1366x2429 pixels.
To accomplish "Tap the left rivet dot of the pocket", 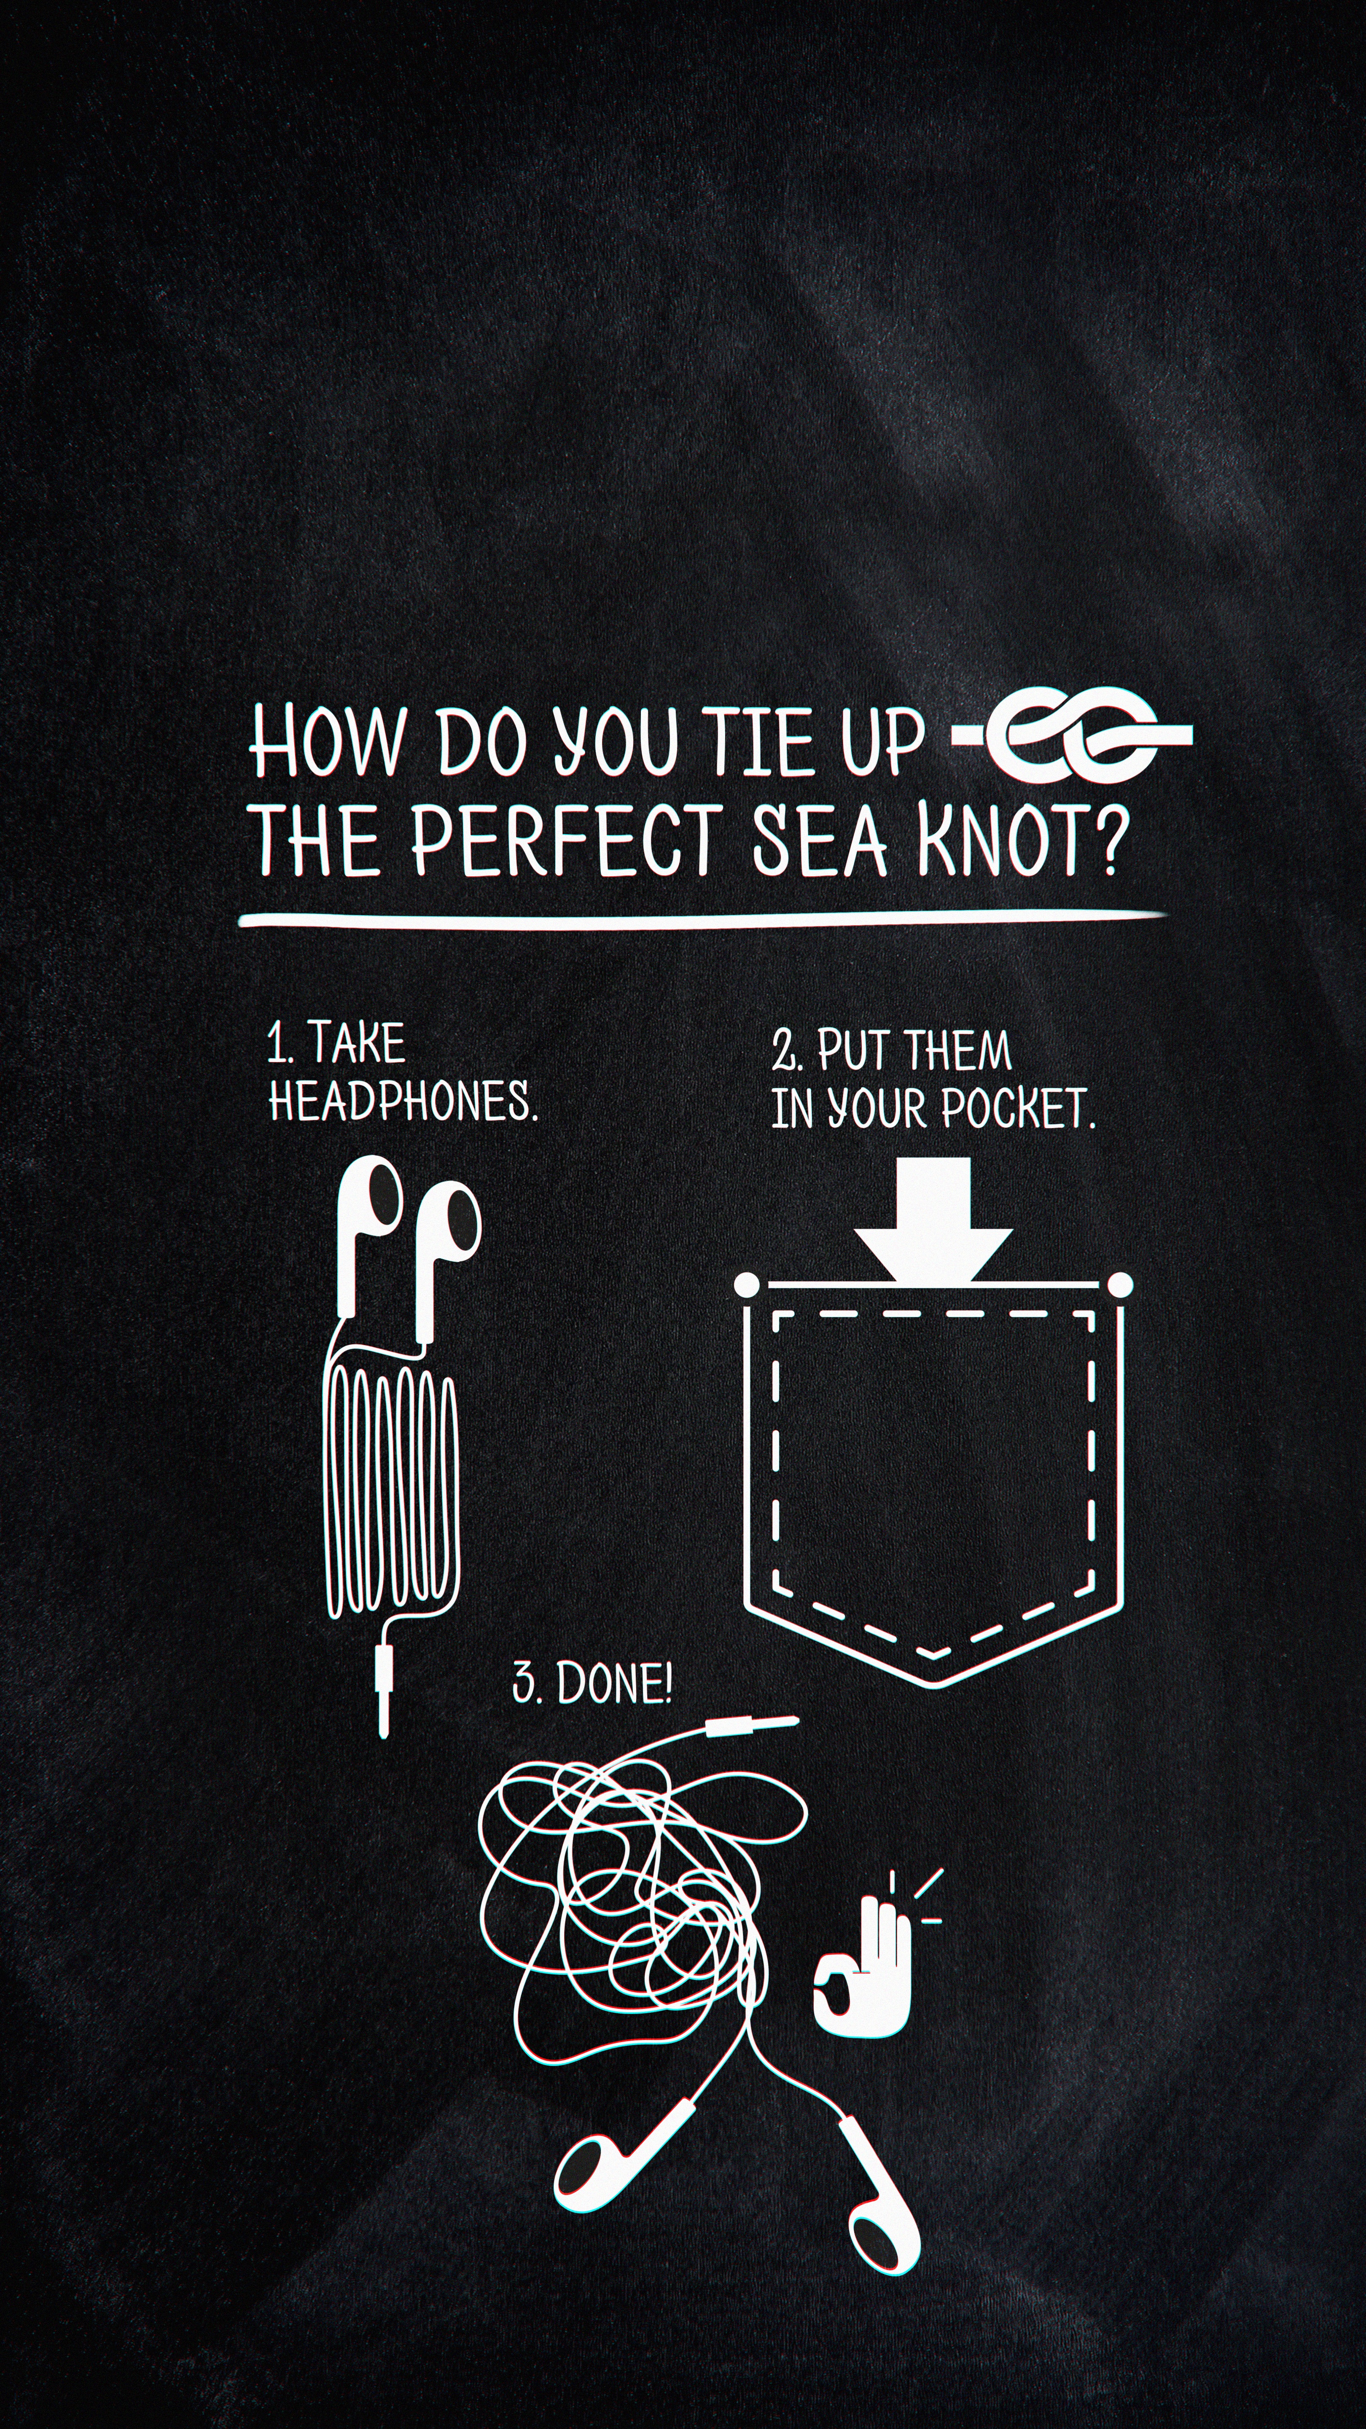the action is pos(747,1284).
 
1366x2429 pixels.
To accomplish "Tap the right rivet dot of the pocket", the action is pos(1120,1284).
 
